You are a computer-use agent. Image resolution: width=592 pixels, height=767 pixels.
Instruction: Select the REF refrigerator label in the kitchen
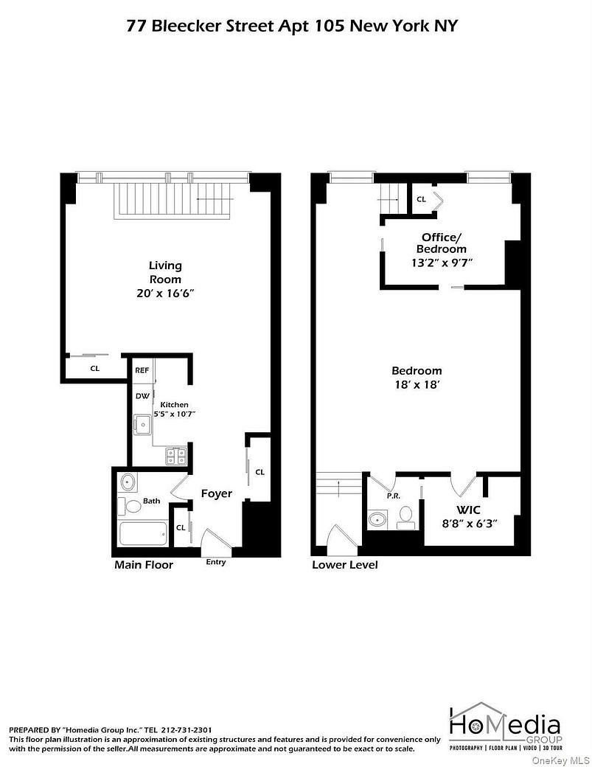click(142, 370)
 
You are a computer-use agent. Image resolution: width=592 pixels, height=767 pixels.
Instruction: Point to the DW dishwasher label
click(142, 396)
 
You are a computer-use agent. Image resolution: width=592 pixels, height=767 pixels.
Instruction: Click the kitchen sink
click(142, 424)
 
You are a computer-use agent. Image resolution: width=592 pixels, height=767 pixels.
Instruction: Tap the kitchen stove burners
click(175, 456)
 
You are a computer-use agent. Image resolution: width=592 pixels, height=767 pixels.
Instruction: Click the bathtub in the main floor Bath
click(143, 532)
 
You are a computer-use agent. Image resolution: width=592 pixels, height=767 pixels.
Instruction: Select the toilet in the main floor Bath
click(133, 507)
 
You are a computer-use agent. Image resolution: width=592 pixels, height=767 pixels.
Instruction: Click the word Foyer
click(217, 493)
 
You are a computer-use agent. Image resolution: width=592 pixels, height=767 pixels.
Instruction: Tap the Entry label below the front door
click(216, 563)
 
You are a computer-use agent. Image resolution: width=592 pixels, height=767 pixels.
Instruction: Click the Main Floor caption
click(144, 565)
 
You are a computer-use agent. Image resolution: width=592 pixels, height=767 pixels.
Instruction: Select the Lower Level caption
click(345, 565)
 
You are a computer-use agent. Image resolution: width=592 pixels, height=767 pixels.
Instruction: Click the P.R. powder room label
click(393, 496)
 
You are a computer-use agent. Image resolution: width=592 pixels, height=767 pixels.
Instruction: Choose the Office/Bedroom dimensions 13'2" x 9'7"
click(442, 262)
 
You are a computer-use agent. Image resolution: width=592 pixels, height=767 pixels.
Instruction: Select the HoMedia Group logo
click(505, 726)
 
